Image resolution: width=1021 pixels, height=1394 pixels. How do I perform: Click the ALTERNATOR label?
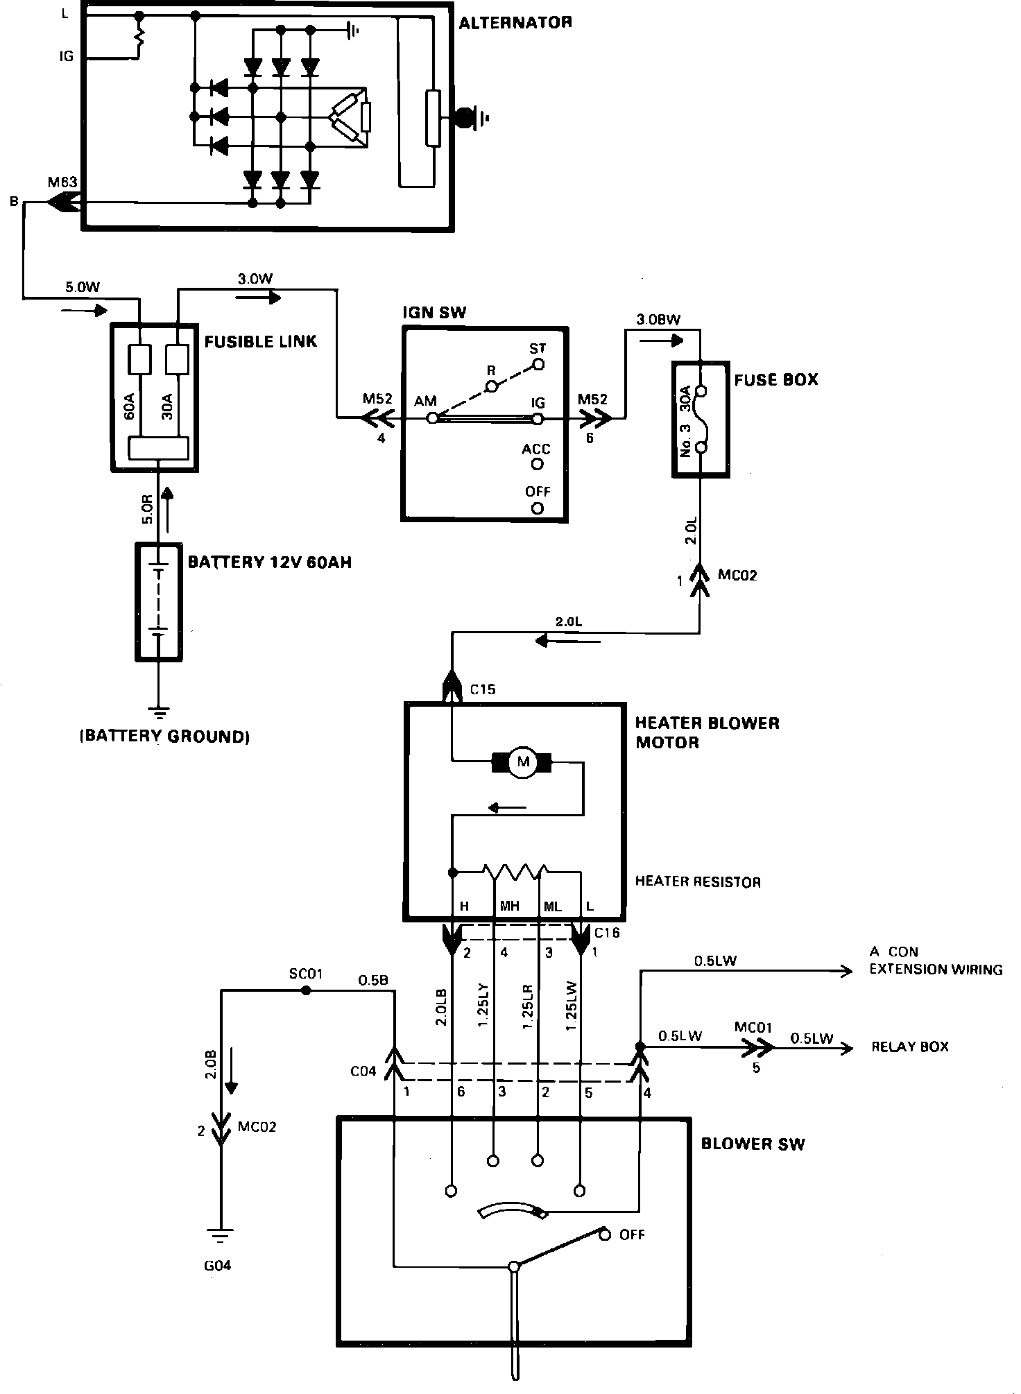[515, 22]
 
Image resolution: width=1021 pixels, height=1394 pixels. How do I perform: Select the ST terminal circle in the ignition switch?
[538, 363]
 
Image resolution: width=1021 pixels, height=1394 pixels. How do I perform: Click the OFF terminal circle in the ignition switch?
[537, 508]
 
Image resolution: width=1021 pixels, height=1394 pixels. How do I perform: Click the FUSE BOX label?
[776, 379]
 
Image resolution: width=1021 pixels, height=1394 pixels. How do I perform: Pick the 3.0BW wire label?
[658, 320]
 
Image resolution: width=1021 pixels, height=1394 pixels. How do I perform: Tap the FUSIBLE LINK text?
[260, 341]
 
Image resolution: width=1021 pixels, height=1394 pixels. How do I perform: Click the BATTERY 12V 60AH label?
[270, 562]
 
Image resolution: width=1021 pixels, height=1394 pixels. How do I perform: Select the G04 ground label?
[217, 1266]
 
